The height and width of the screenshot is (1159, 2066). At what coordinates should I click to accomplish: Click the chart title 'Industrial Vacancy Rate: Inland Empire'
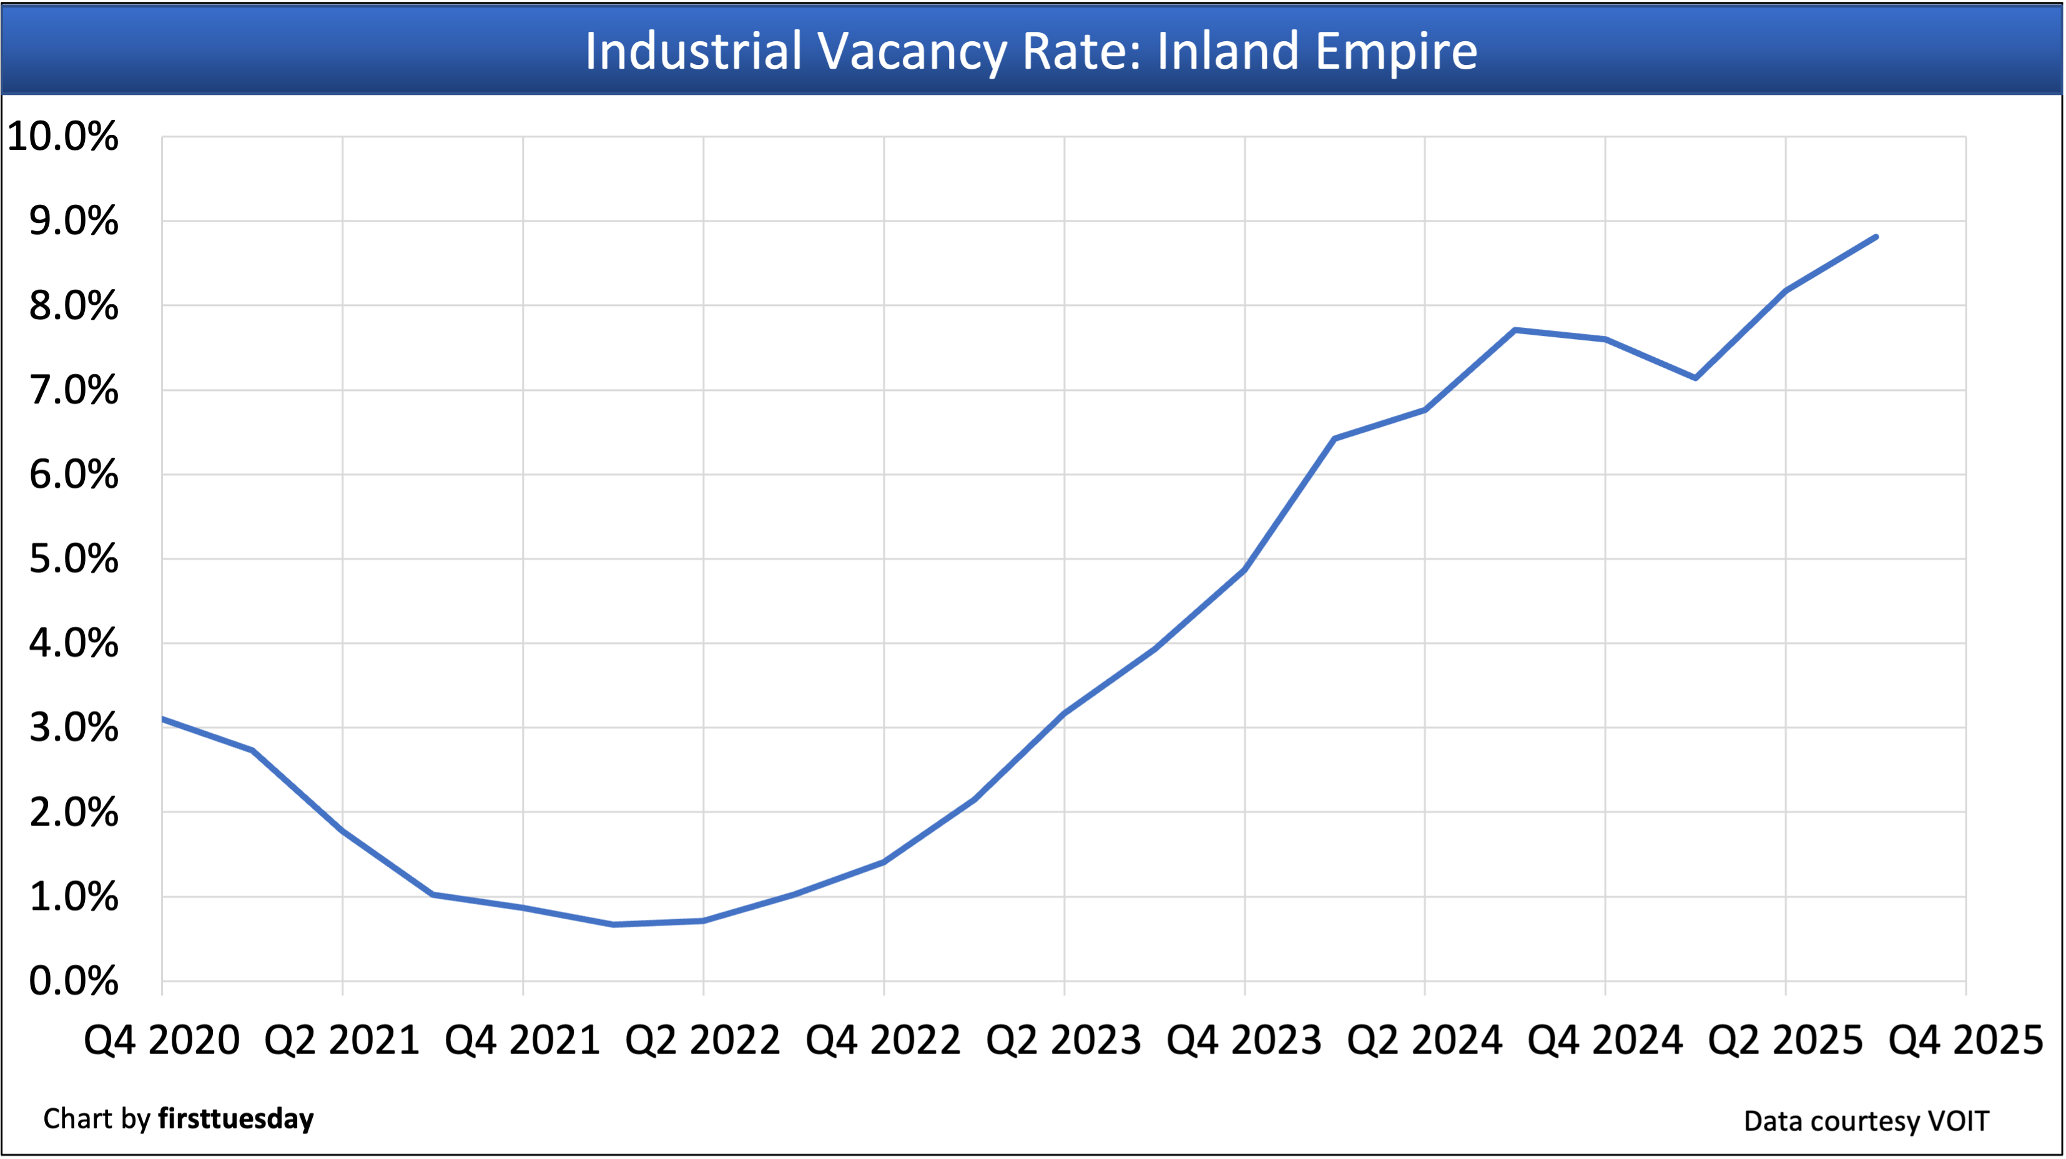[1031, 51]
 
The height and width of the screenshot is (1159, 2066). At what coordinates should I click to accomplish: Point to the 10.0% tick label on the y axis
[62, 136]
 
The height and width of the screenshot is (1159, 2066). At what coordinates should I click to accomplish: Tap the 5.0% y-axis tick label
[73, 559]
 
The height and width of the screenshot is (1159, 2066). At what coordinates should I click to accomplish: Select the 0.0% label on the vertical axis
[73, 981]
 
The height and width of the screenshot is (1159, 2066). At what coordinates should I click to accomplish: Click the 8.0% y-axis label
[73, 305]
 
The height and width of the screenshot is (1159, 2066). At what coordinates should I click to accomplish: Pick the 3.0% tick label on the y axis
[73, 728]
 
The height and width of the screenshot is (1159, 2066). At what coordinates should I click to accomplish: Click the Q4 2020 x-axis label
[162, 1040]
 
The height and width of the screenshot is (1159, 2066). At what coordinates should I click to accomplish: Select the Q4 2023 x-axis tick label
[1244, 1040]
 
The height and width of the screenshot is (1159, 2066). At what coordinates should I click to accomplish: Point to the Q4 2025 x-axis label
[1965, 1040]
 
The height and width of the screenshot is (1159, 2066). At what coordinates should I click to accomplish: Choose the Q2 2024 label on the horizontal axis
[1424, 1040]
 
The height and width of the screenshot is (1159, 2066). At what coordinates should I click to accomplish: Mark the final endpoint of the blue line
[1876, 237]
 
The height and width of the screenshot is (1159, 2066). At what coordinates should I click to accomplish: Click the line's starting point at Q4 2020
[163, 719]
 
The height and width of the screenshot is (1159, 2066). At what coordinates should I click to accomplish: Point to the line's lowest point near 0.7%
[614, 925]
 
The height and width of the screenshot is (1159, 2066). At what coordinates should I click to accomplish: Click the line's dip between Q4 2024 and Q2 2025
[1695, 378]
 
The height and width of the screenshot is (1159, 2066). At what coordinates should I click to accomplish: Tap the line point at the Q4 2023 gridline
[1244, 570]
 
